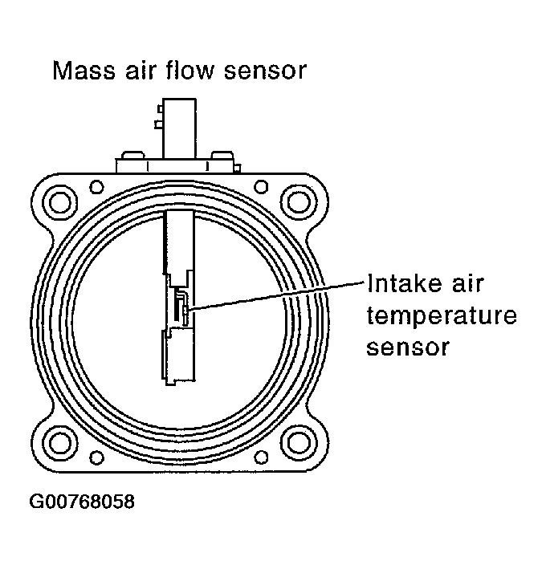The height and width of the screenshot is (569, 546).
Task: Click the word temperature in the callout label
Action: [x=441, y=316]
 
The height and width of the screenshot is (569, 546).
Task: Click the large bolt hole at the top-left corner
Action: [x=59, y=197]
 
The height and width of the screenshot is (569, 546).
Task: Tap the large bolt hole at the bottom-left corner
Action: [x=59, y=443]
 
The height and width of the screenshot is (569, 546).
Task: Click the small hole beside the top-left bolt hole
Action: [x=97, y=186]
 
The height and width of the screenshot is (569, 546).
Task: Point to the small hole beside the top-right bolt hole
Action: [x=262, y=186]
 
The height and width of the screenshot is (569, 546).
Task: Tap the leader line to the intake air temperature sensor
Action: [x=273, y=295]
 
